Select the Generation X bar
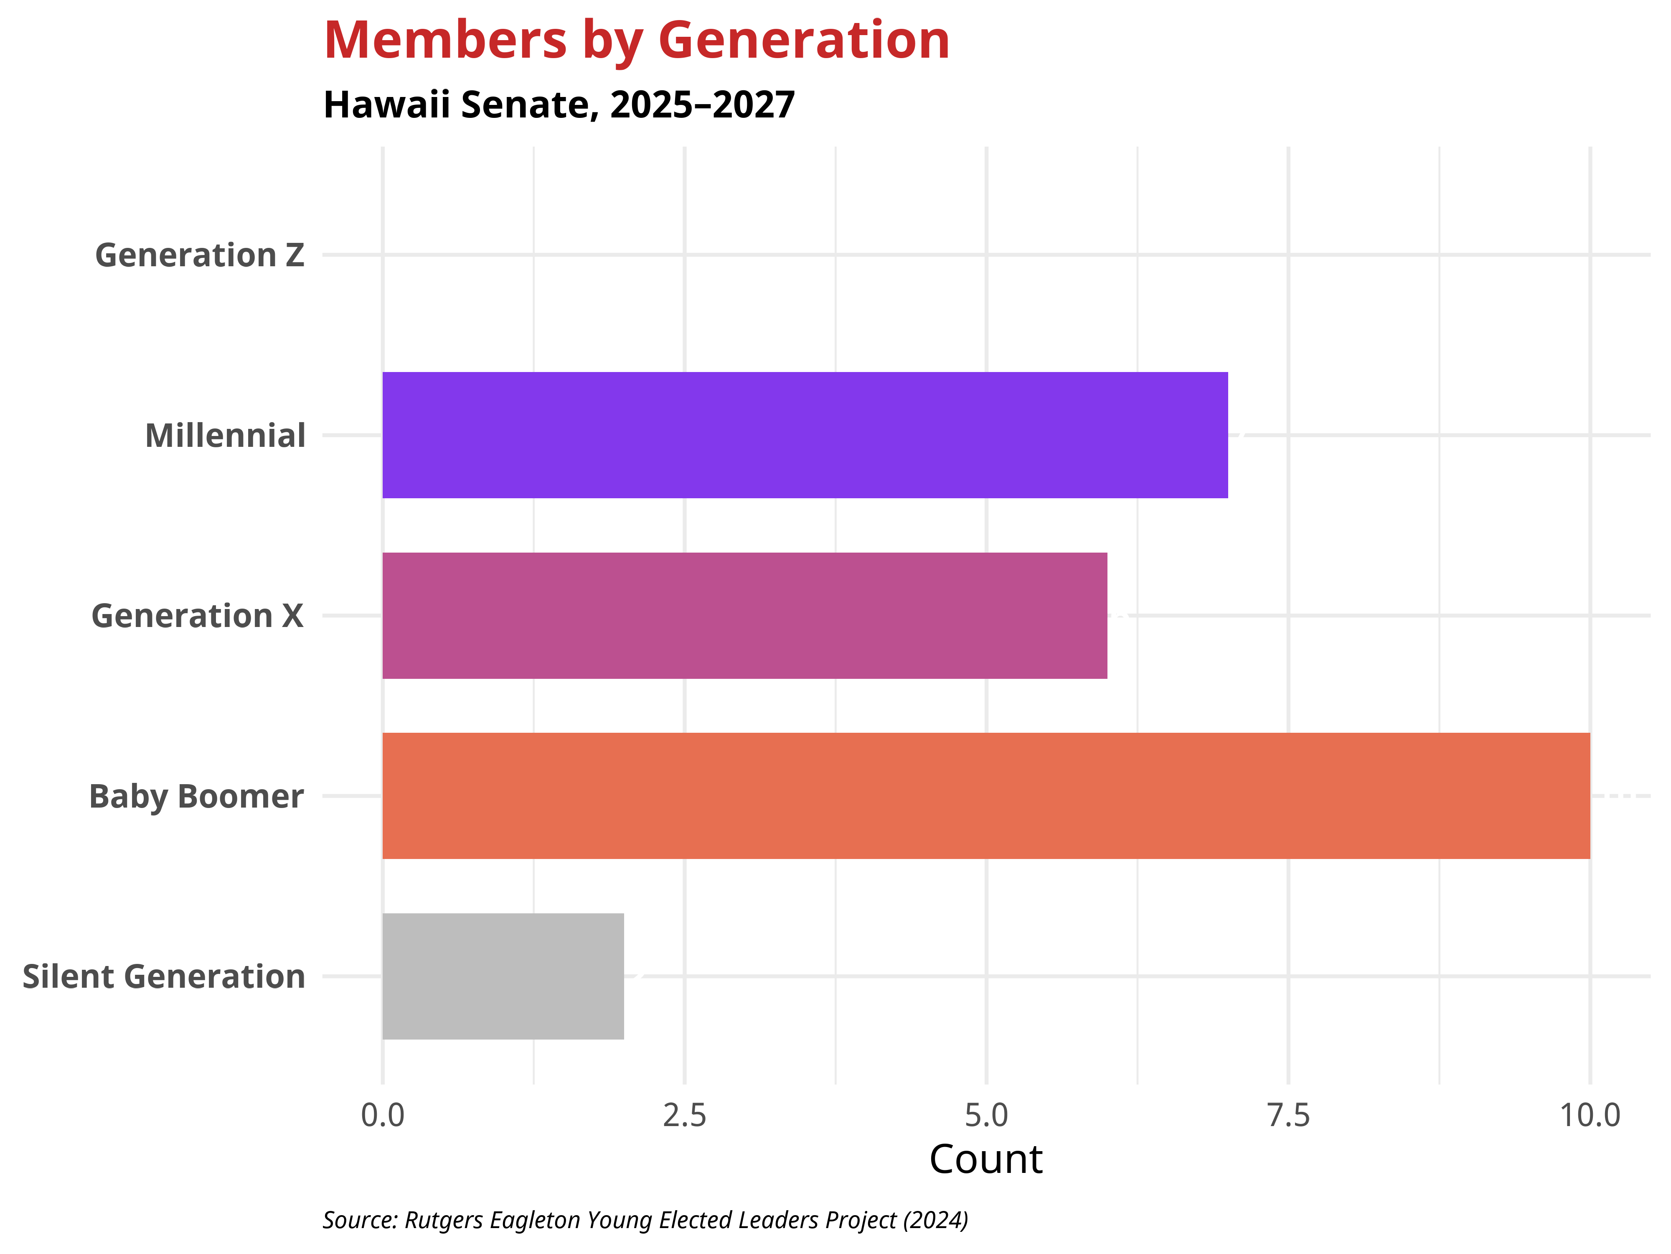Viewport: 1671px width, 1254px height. (x=744, y=615)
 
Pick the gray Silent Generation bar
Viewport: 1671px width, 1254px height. (x=503, y=976)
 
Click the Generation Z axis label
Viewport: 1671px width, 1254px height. (x=199, y=255)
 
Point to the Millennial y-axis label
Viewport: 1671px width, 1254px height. (x=225, y=436)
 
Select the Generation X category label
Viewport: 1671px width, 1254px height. (x=197, y=616)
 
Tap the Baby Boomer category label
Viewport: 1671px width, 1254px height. (x=196, y=797)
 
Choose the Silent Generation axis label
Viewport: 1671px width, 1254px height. (x=163, y=976)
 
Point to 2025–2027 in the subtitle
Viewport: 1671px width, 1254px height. (x=703, y=104)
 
